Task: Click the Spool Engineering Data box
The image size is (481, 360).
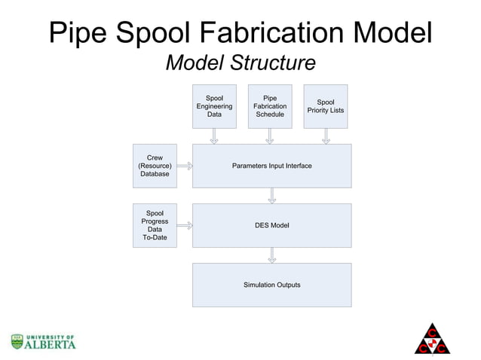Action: (x=214, y=106)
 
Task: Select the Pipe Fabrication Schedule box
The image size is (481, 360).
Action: (x=269, y=106)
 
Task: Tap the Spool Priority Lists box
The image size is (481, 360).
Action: (x=326, y=106)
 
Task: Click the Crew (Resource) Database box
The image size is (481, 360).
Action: (x=155, y=166)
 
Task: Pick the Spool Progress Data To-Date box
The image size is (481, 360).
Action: (x=155, y=225)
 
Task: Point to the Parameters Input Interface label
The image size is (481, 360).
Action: (x=271, y=166)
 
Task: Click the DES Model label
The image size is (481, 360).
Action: (x=271, y=225)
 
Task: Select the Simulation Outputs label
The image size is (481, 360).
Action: (x=271, y=285)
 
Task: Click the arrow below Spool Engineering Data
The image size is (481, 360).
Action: (x=214, y=136)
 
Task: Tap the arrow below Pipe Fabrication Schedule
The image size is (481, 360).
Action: (x=269, y=136)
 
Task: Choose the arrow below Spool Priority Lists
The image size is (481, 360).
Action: (x=326, y=136)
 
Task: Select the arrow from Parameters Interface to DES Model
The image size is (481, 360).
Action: (x=271, y=195)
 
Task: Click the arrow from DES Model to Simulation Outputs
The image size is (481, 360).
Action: (x=271, y=255)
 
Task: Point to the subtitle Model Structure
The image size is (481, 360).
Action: (x=240, y=64)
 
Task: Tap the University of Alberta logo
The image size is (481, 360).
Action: (x=43, y=341)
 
